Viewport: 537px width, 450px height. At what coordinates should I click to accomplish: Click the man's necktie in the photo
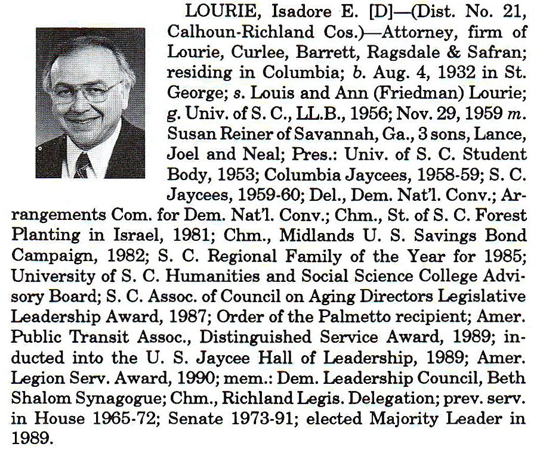tap(82, 165)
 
